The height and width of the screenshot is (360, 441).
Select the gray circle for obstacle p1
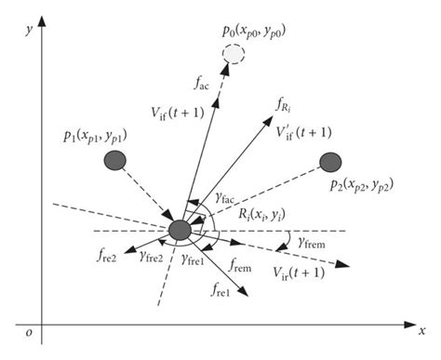(x=115, y=161)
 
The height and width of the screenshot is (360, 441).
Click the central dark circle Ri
(x=180, y=229)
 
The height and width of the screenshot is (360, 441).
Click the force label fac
(x=202, y=84)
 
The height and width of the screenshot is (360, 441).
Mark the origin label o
(x=31, y=332)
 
